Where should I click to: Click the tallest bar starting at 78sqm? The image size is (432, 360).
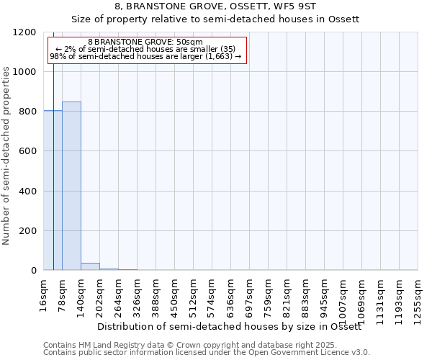pyautogui.click(x=71, y=186)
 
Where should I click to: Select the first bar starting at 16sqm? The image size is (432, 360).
pyautogui.click(x=53, y=190)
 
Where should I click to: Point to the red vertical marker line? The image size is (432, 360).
pyautogui.click(x=54, y=158)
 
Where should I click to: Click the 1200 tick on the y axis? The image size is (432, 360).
pyautogui.click(x=26, y=32)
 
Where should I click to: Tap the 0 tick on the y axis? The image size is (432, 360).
pyautogui.click(x=33, y=271)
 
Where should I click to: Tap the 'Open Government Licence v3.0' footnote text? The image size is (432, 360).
pyautogui.click(x=304, y=352)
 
